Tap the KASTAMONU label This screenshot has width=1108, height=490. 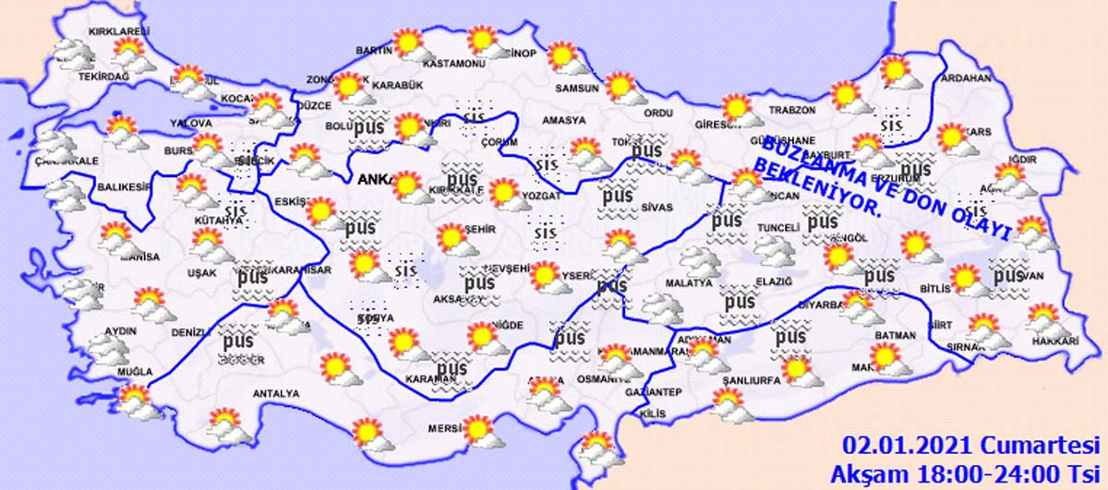click(454, 65)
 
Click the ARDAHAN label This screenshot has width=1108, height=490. click(965, 79)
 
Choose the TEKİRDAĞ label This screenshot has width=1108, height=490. click(104, 77)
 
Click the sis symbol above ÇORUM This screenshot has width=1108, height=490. click(474, 117)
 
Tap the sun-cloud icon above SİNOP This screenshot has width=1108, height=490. click(486, 42)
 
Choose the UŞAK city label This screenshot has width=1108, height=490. click(201, 273)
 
